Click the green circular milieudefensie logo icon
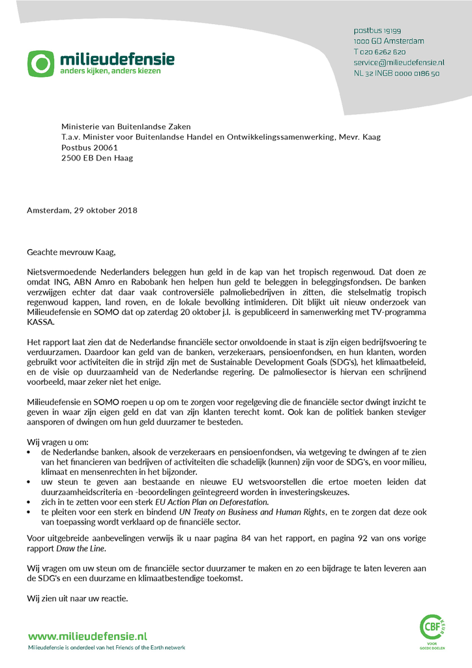(41, 63)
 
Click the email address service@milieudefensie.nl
(398, 62)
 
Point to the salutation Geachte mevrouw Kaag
(74, 252)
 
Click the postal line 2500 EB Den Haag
(97, 158)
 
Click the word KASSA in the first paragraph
(42, 322)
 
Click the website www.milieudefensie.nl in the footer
(87, 635)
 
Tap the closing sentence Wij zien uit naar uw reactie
(77, 598)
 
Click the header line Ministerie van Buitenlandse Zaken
(126, 127)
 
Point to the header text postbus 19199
(377, 31)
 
